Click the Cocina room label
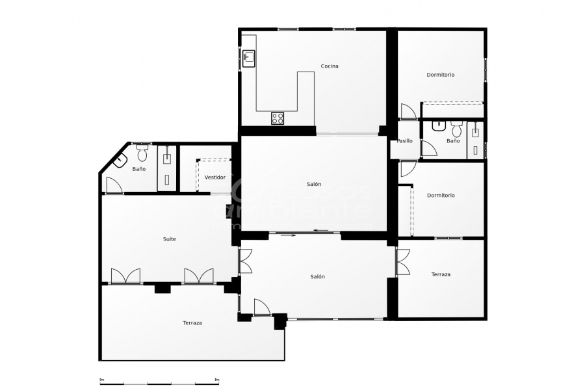point(330,66)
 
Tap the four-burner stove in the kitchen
point(278,118)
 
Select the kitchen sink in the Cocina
point(249,59)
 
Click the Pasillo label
point(405,141)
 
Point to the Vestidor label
point(215,177)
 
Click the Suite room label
point(169,239)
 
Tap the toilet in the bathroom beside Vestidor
point(142,154)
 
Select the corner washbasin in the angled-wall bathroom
point(120,161)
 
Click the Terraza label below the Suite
point(192,323)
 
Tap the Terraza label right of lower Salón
point(441,275)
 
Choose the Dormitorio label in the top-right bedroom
point(441,75)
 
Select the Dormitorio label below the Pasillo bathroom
point(441,196)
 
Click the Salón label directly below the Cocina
point(314,185)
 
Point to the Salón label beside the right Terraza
point(318,277)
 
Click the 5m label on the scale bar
point(216,380)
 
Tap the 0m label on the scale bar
point(102,380)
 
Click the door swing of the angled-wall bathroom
point(114,185)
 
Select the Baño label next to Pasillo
point(453,141)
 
